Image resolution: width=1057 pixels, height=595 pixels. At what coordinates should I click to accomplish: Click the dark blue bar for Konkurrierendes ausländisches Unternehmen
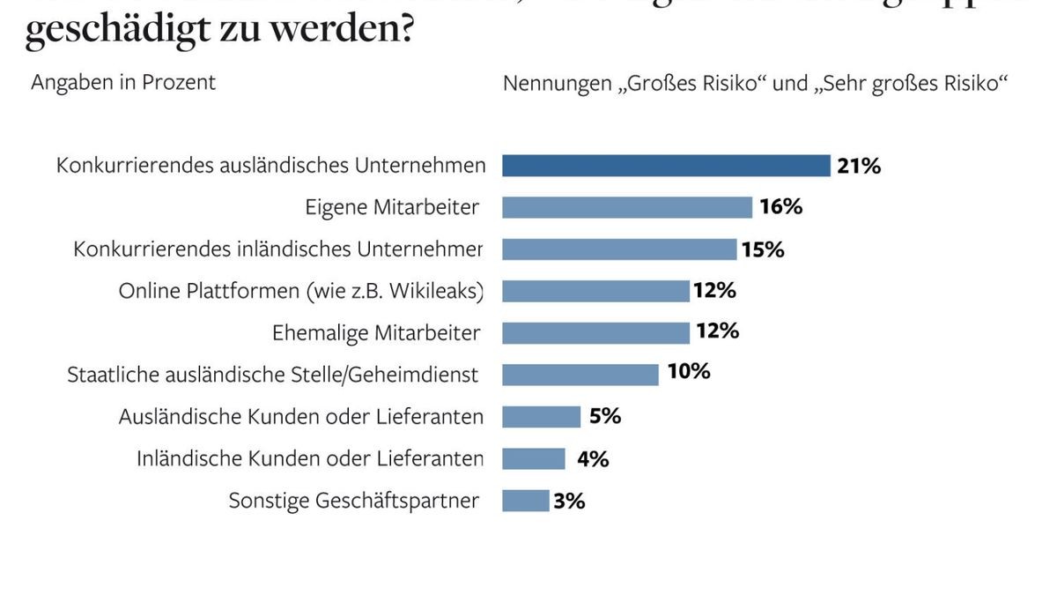coord(666,166)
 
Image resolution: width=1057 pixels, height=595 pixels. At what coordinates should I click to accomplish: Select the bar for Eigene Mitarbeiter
coord(627,207)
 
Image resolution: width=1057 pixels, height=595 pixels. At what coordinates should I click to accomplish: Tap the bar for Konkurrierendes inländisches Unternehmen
coord(619,249)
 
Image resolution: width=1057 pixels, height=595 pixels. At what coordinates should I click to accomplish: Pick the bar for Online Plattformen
coord(595,291)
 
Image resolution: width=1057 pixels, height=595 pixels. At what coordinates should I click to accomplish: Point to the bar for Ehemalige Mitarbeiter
coord(595,332)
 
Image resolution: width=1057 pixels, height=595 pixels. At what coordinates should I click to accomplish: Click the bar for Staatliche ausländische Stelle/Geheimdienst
coord(580,374)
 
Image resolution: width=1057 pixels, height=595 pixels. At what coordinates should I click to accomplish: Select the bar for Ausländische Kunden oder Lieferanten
coord(541,416)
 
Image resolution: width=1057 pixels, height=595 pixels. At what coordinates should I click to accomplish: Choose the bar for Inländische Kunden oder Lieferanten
coord(534,458)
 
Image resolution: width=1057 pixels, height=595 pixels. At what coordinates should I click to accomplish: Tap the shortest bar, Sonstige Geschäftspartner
coord(525,501)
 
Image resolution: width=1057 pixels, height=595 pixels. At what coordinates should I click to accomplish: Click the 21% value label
coord(859,166)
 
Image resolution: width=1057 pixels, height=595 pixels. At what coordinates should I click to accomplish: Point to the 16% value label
coord(780,207)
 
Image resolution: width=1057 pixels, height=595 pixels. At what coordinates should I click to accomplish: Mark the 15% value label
coord(763,249)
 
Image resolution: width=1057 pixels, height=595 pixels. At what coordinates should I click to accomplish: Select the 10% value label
coord(688,371)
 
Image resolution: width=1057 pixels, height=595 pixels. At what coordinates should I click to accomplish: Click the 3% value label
coord(569,502)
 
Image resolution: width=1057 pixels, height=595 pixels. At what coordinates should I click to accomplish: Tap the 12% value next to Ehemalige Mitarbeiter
coord(717,331)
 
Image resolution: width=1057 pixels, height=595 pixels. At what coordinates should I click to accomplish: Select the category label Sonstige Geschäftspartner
coord(354,501)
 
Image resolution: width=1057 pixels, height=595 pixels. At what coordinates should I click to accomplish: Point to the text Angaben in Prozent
coord(123,83)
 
